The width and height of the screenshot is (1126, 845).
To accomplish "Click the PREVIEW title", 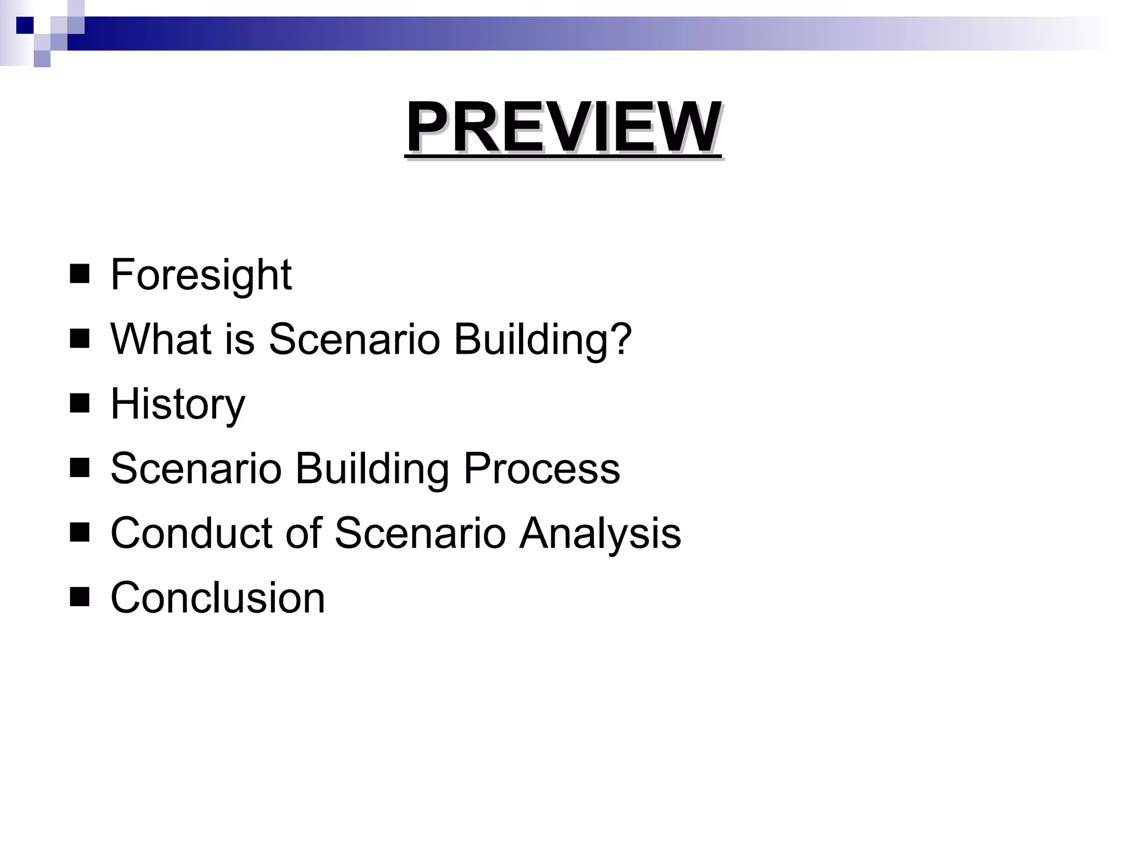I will click(563, 128).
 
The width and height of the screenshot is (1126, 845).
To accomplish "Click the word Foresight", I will click(201, 275).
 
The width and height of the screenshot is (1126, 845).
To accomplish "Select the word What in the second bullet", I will click(160, 339).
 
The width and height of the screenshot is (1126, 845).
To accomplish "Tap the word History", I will click(178, 404).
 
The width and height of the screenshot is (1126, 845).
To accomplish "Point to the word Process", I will click(542, 469).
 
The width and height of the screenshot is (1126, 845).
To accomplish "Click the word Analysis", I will click(600, 533).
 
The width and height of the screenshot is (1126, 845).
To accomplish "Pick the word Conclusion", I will click(218, 598).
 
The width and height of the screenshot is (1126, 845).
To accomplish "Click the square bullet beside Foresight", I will click(80, 274).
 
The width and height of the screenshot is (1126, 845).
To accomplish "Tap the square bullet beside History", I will click(80, 403).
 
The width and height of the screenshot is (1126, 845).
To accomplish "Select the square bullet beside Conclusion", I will click(80, 597).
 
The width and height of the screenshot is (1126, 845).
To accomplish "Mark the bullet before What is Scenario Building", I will click(80, 339).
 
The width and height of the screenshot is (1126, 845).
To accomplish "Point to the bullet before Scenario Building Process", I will click(80, 468).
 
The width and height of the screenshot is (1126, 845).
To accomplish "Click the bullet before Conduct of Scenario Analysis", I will click(80, 533).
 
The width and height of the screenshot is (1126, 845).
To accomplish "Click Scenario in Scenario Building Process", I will click(196, 469).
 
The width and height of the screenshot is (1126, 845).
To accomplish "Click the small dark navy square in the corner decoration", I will click(25, 25).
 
